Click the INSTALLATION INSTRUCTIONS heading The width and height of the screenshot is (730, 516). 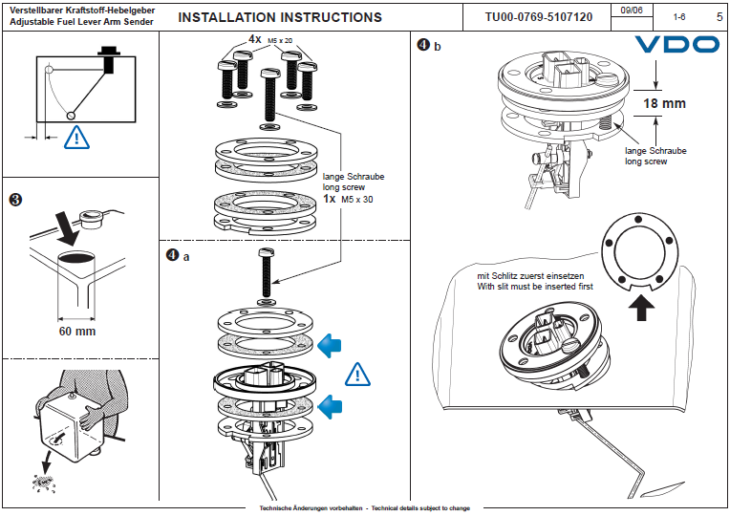pos(280,17)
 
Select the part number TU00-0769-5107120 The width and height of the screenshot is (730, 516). pos(538,17)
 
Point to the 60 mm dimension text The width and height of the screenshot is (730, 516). pos(77,333)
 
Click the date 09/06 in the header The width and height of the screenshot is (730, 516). pos(631,10)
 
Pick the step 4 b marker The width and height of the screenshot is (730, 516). pos(429,44)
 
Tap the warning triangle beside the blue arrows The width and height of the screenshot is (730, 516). pos(357,373)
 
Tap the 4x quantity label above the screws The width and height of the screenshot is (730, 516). pos(255,39)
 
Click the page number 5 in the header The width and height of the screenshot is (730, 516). pos(719,17)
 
